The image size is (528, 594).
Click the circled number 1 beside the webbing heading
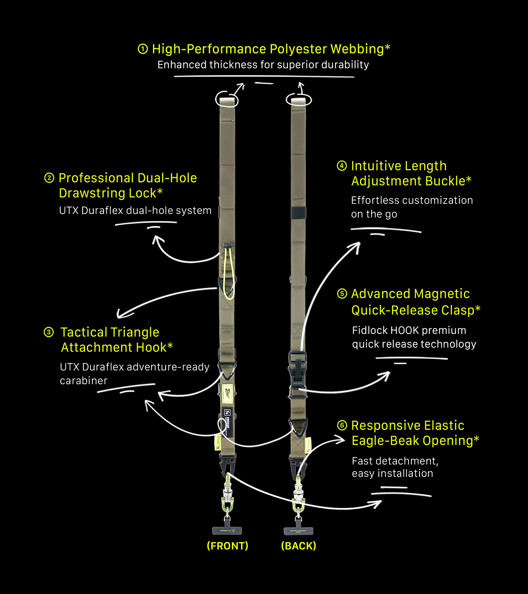click(143, 49)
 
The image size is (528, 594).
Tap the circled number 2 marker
click(49, 178)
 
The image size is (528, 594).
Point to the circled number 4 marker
click(342, 166)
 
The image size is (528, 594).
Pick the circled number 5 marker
click(342, 294)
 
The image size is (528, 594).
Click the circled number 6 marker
click(342, 425)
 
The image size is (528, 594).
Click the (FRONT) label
click(227, 546)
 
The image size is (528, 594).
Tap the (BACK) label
click(298, 546)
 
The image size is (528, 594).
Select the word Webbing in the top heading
click(357, 49)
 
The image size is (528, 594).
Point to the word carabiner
click(83, 381)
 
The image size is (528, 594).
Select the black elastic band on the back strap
click(298, 213)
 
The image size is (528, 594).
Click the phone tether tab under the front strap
click(227, 530)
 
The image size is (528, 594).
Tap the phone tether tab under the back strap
click(298, 531)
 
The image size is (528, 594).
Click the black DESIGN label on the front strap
click(227, 422)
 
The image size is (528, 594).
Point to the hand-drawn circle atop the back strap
click(299, 100)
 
